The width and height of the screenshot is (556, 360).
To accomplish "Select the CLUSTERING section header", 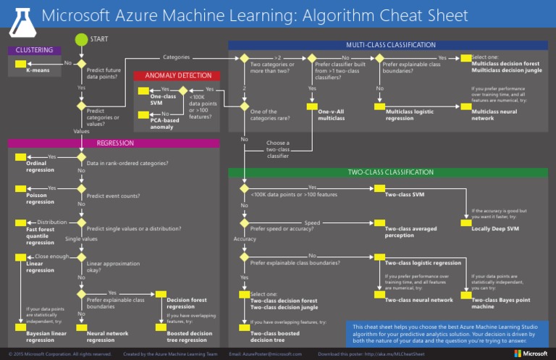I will click(33, 50).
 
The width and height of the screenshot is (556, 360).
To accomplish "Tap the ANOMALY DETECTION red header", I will click(178, 75).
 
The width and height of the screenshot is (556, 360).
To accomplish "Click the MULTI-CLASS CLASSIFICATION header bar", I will click(390, 45).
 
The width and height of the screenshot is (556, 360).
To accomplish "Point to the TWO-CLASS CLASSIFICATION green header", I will click(390, 172).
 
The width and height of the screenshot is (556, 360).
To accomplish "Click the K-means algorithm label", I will click(38, 71).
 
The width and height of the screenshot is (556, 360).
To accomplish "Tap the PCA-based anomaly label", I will click(162, 123).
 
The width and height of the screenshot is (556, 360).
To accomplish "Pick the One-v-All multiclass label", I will click(331, 115).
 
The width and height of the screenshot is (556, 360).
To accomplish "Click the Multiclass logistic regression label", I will click(409, 115).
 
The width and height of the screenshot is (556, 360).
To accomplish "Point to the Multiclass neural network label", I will click(494, 115).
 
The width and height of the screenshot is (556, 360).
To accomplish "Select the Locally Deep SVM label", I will click(495, 229).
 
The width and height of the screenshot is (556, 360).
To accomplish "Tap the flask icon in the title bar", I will click(20, 15).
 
